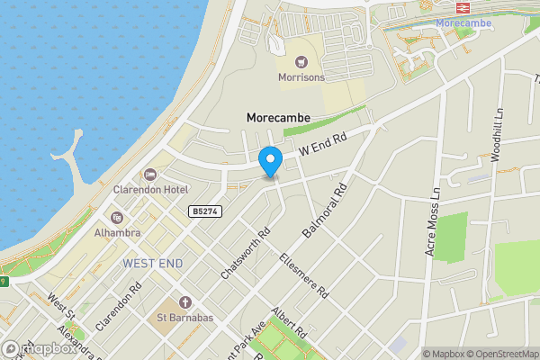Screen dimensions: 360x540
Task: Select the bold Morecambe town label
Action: click(278, 117)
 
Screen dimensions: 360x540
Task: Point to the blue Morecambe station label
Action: click(464, 22)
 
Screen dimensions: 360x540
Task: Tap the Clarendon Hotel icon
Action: click(150, 174)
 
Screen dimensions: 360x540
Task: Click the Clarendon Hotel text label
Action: click(150, 190)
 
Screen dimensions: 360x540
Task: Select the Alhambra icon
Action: click(116, 217)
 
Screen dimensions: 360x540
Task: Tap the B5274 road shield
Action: click(205, 211)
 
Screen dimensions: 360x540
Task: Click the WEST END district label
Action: click(152, 263)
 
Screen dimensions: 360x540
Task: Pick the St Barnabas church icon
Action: click(185, 301)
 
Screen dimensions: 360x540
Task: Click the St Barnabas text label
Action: click(185, 317)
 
